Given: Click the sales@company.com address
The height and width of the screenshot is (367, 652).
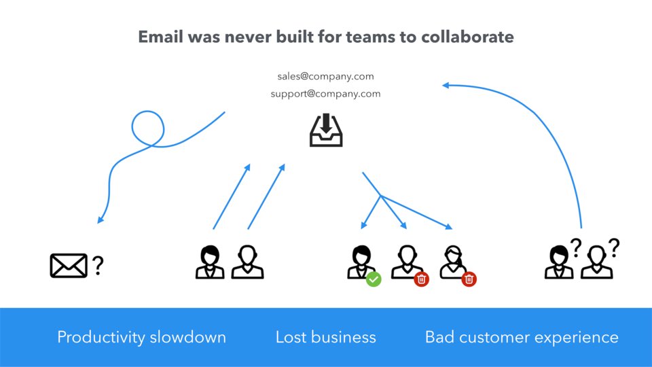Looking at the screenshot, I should [x=325, y=76].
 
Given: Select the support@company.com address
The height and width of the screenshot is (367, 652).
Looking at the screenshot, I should [x=325, y=94].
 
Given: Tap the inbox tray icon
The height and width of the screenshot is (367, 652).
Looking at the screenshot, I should [x=326, y=130].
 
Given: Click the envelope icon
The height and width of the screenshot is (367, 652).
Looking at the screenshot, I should [x=69, y=265].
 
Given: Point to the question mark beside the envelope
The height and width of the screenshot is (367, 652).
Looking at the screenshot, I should [x=98, y=265].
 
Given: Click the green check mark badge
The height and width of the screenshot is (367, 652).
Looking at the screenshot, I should [x=374, y=278].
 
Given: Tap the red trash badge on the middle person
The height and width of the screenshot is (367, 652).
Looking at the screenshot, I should [x=422, y=278].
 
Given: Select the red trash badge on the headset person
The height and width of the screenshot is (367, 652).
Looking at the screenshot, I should [x=469, y=278].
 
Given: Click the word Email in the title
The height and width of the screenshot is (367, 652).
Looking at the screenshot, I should [x=161, y=37].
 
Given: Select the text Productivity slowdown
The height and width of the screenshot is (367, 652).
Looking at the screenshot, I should [x=141, y=337].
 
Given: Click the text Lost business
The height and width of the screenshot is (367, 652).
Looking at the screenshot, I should [x=325, y=337].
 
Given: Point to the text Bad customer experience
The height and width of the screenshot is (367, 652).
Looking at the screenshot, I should [x=522, y=337].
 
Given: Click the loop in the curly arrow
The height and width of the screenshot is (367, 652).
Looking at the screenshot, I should [x=147, y=128].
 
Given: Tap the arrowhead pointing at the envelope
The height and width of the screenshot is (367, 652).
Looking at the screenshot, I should [x=101, y=220].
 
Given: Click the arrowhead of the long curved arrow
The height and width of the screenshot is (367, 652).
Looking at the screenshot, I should [x=446, y=85].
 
